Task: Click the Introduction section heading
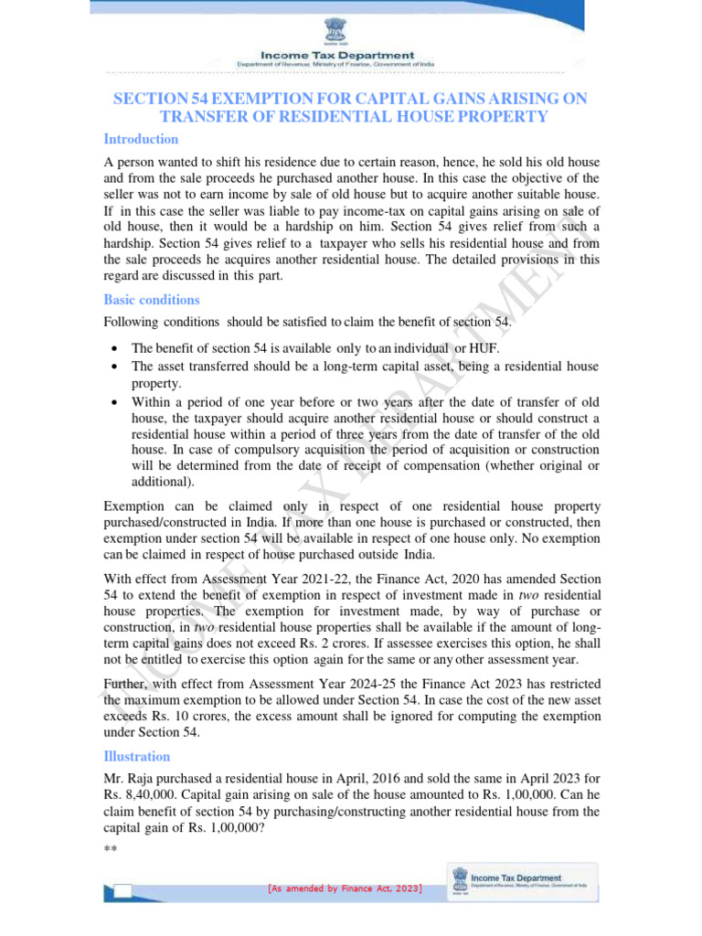141,139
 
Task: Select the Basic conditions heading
152,300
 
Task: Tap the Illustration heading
137,756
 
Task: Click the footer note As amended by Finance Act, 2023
345,888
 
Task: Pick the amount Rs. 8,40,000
138,795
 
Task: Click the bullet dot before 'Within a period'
111,401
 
